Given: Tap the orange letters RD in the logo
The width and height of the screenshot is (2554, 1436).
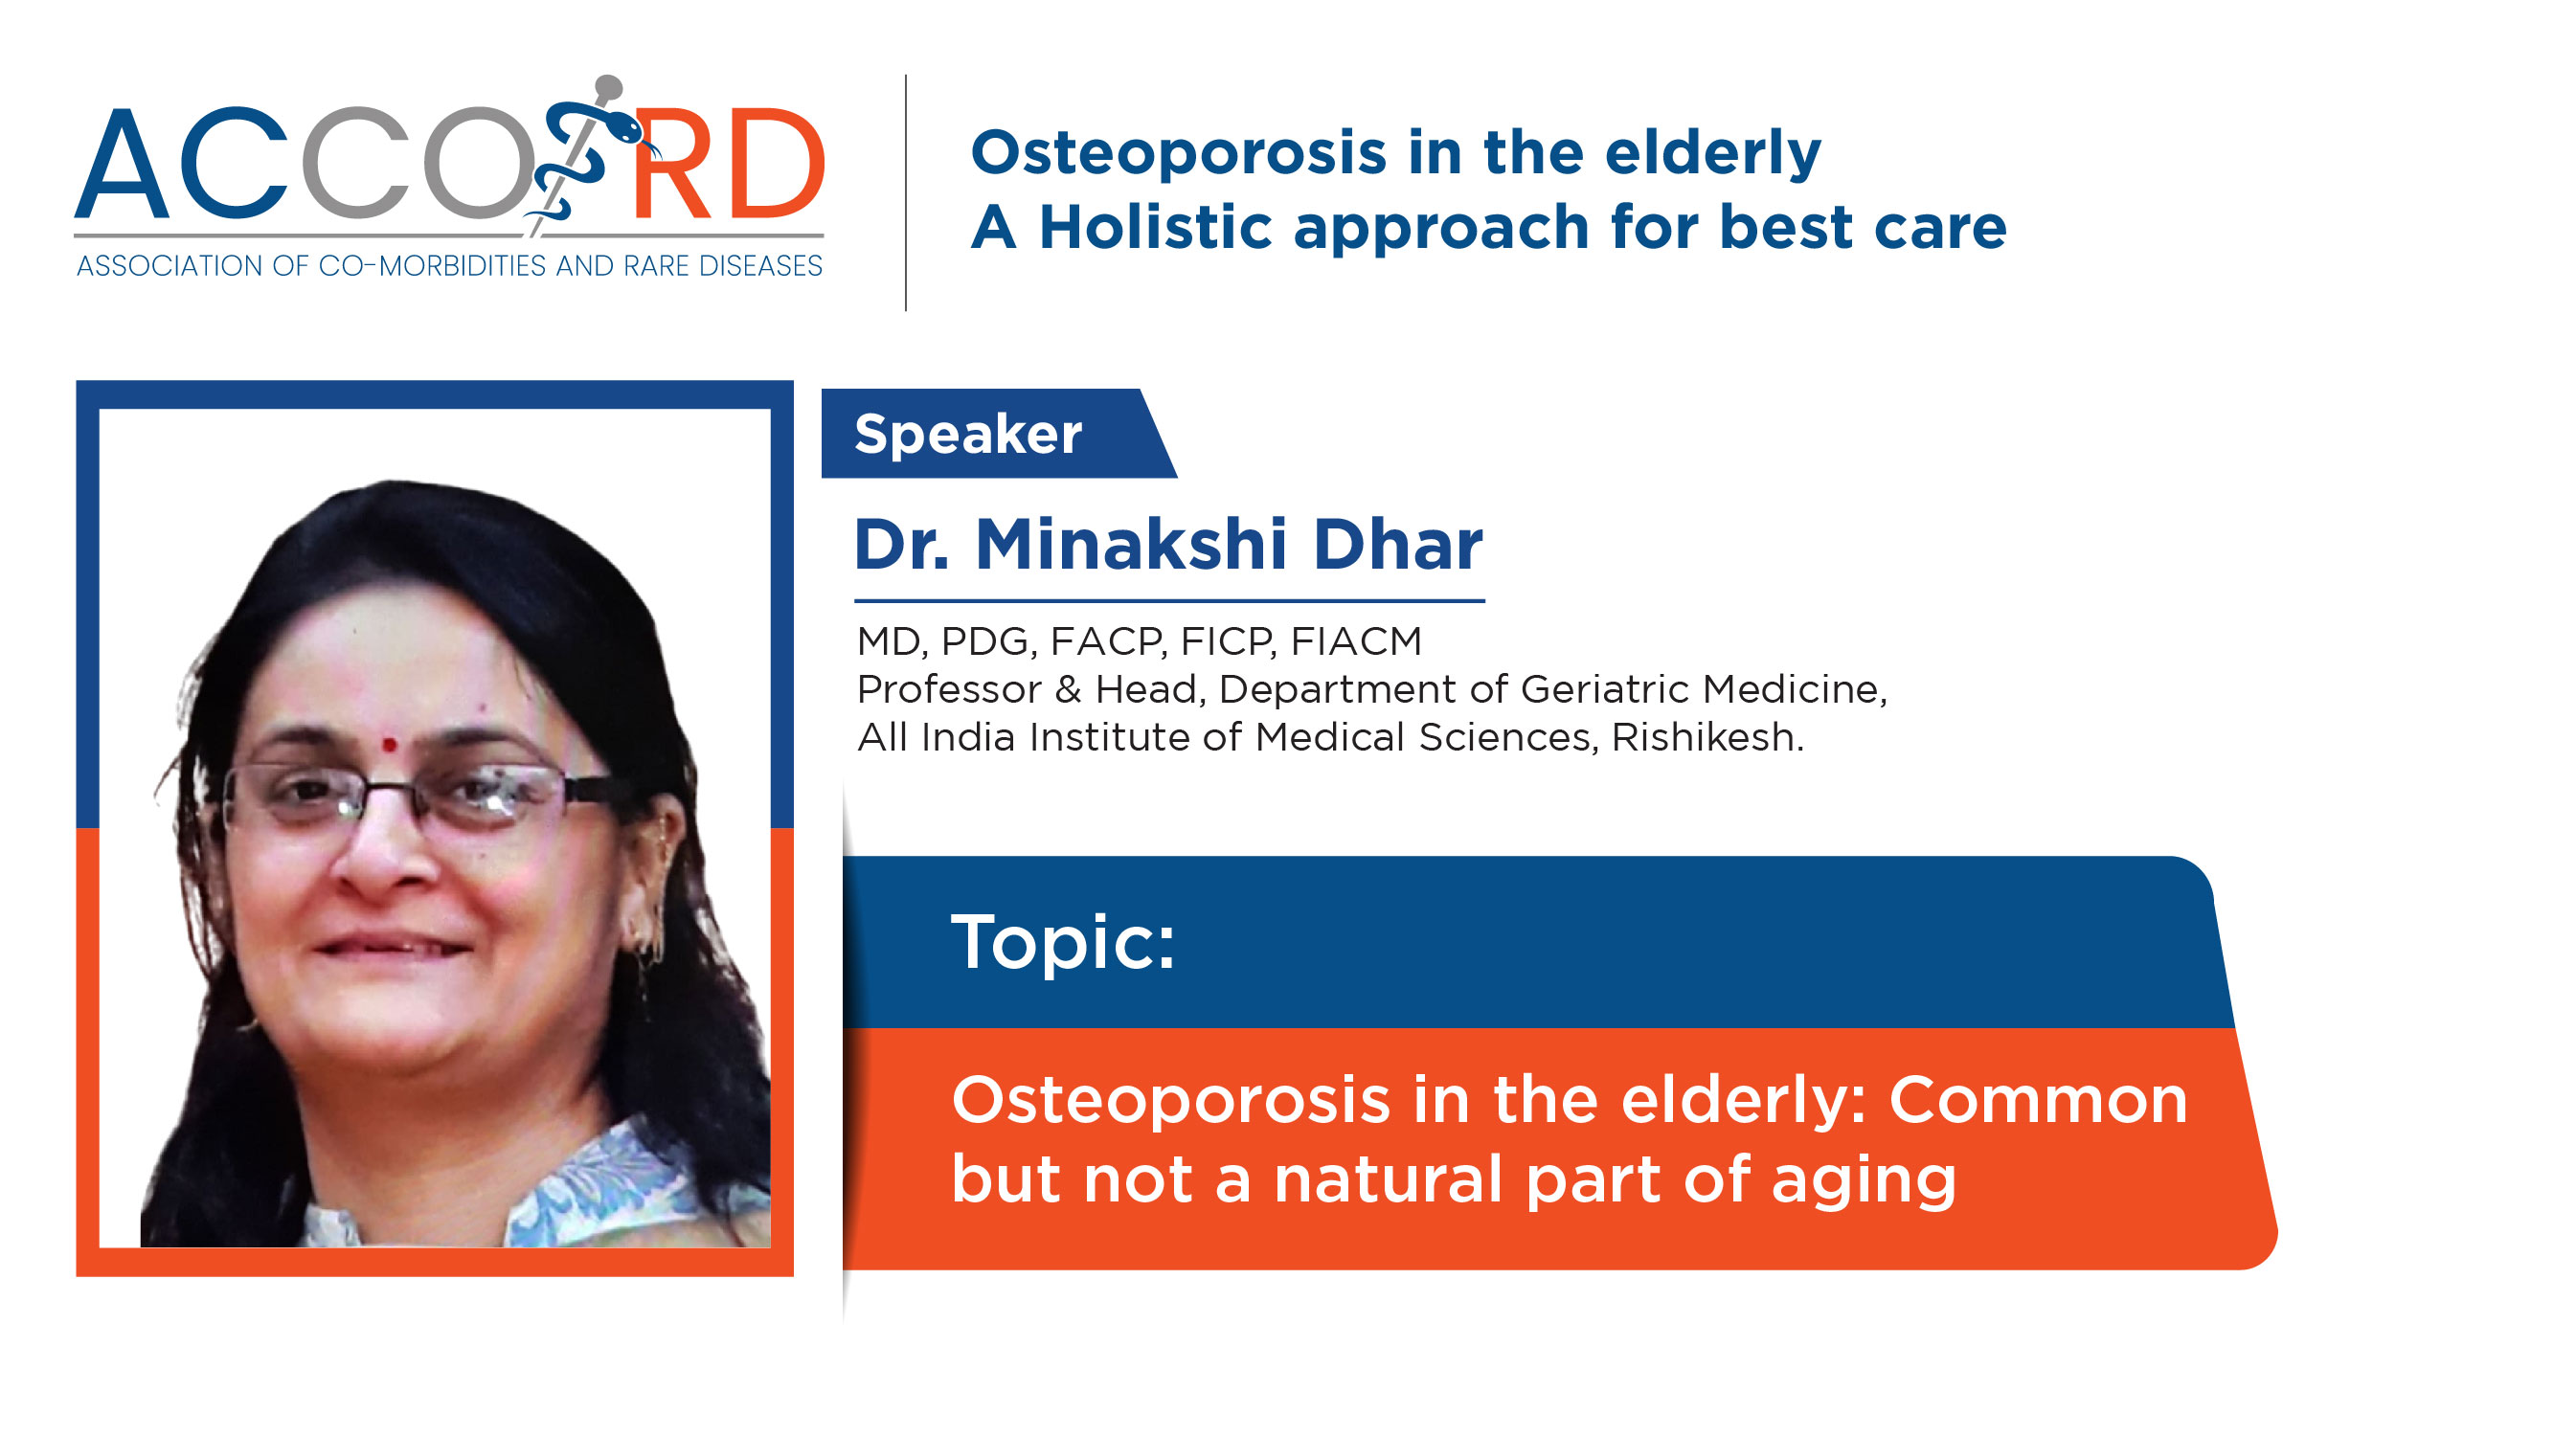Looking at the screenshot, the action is pos(727,164).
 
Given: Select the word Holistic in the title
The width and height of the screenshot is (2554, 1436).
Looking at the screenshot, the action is pos(1155,228).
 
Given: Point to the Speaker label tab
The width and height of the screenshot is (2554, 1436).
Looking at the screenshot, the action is pos(998,433).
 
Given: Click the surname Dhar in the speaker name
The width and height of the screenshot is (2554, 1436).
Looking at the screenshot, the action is pos(1398,545).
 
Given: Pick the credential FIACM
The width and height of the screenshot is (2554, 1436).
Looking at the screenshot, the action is pos(1356,642).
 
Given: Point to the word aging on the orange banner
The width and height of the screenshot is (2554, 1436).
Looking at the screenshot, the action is pos(1864,1181).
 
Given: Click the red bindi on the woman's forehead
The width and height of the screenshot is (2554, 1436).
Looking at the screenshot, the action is pos(390,745).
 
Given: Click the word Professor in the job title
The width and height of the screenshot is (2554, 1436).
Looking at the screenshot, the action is pos(949,689).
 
